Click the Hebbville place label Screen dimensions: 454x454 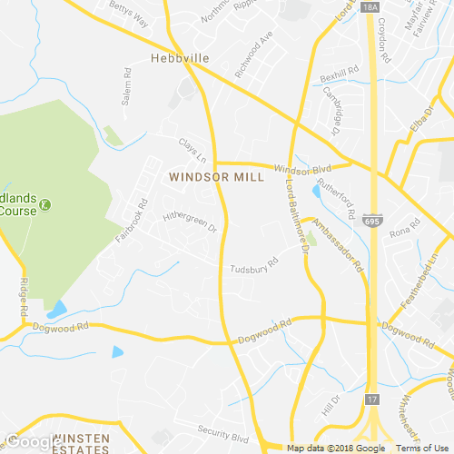pos(180,58)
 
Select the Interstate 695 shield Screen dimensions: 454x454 pos(377,219)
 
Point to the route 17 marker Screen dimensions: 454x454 pos(371,400)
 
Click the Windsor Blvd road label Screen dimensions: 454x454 pos(302,171)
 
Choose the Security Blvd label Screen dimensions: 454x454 pos(222,434)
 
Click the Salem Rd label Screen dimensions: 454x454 pos(127,92)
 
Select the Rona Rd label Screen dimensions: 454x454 pos(400,233)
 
